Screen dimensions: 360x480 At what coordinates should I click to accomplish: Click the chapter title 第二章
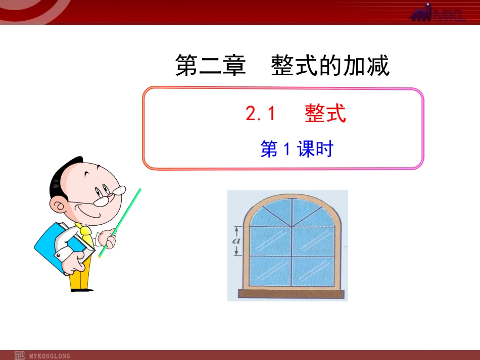210,66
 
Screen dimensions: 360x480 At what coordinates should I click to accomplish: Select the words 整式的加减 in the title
330,66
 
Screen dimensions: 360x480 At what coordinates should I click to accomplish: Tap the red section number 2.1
260,114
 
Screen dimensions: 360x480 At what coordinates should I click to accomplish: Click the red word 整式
325,114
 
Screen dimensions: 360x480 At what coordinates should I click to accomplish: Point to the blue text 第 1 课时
297,149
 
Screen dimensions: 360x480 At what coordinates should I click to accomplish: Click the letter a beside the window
235,240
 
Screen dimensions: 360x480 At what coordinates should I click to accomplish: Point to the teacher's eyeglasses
109,194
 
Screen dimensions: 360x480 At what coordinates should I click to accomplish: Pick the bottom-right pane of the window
313,272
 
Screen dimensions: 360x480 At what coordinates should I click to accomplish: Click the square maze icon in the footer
20,355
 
